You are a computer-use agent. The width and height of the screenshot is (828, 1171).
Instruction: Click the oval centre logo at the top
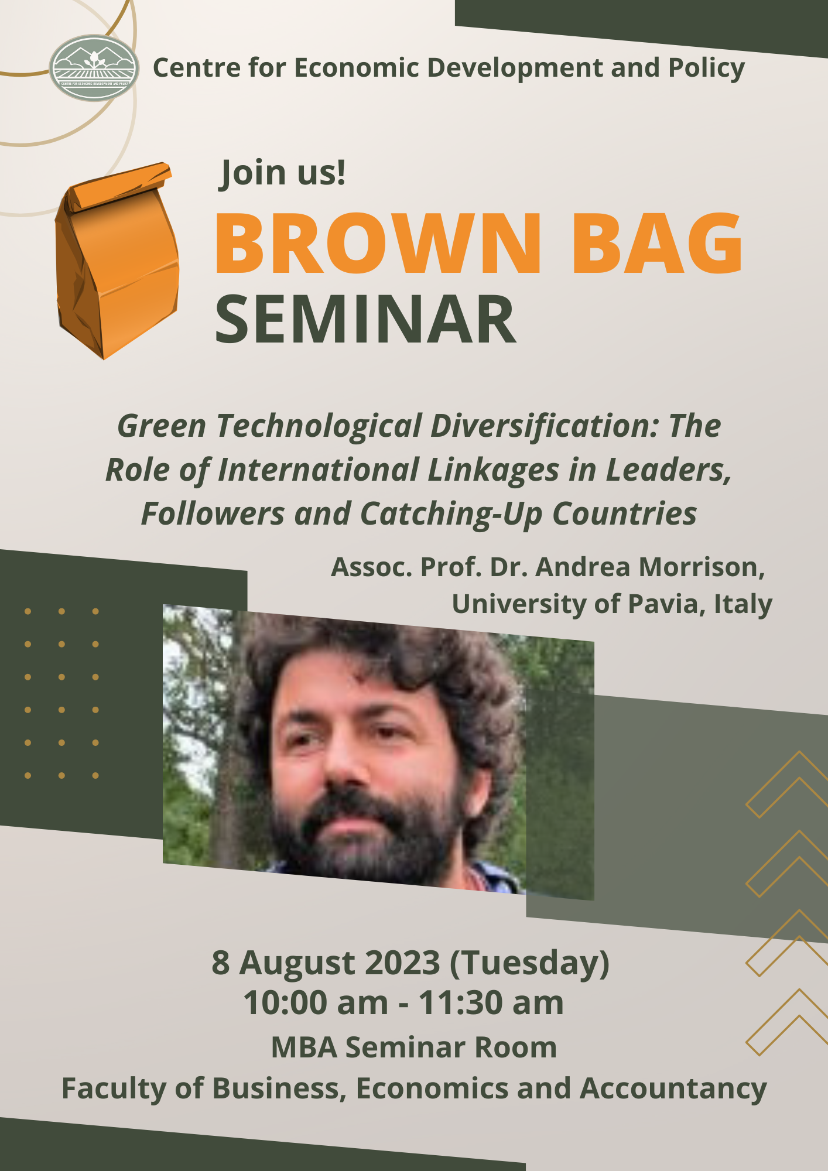point(94,68)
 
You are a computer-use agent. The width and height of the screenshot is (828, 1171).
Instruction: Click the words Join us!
point(283,173)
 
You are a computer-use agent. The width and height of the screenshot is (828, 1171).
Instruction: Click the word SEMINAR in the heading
point(366,320)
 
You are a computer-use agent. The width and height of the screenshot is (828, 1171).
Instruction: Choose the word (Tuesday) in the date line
point(529,963)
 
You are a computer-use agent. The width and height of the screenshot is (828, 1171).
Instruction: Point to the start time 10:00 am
point(316,1002)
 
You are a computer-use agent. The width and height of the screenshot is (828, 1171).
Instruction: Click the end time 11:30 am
point(491,1002)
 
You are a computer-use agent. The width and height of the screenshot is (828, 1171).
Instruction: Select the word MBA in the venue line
point(304,1047)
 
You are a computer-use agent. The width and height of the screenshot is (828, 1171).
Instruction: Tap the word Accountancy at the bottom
point(673,1088)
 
